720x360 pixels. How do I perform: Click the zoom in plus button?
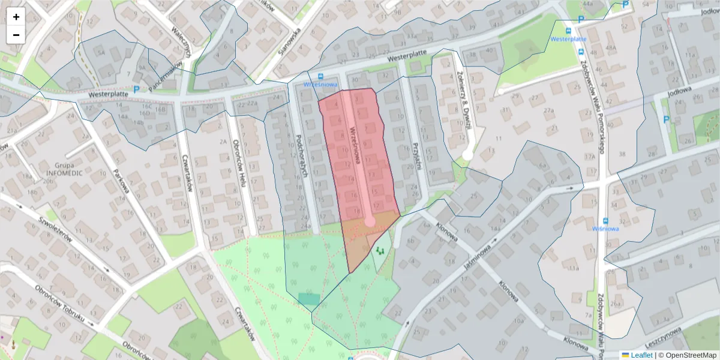(16, 17)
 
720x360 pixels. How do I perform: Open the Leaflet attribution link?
(641, 355)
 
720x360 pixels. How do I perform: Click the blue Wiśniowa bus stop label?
(605, 228)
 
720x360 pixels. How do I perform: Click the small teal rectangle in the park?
(309, 298)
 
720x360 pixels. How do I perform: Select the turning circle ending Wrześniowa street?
(370, 221)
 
